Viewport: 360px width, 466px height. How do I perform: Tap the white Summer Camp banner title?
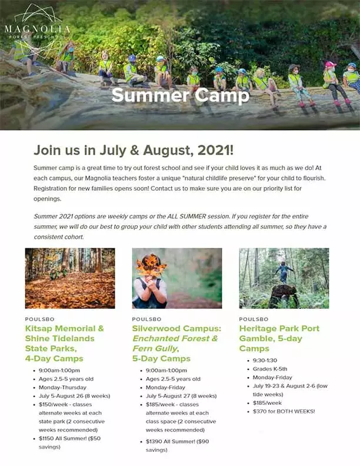click(181, 95)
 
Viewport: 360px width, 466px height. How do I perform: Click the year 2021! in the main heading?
click(216, 150)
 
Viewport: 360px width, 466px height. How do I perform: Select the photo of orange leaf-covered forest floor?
click(70, 278)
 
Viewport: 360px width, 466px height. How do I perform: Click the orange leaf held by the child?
click(151, 265)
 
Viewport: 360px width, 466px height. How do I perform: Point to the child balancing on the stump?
click(284, 272)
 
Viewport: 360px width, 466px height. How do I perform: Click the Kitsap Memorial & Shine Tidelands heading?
click(65, 334)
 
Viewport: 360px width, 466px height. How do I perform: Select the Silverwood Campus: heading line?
click(176, 328)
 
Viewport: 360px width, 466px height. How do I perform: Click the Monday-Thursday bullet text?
click(62, 388)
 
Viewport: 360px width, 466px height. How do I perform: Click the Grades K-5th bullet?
click(270, 369)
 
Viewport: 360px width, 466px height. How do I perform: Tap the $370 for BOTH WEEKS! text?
click(284, 411)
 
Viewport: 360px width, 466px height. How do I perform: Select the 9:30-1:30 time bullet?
click(265, 360)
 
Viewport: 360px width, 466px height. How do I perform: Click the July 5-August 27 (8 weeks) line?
click(181, 396)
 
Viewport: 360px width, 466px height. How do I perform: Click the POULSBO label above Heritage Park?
click(254, 319)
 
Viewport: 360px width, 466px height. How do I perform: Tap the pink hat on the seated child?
click(331, 64)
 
